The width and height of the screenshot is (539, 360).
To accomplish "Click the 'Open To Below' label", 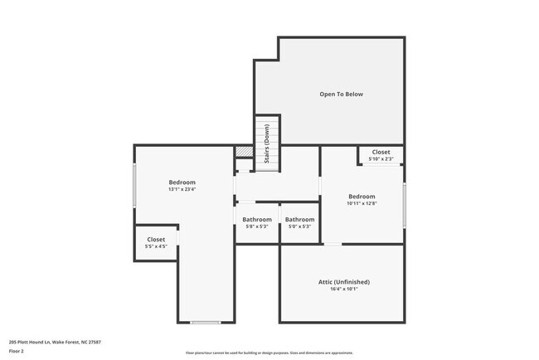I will pos(341,95).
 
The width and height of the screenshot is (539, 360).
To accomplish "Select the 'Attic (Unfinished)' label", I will pos(343,282).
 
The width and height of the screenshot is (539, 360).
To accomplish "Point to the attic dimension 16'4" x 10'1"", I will pos(343,290).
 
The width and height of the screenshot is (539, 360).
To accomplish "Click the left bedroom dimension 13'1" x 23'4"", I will pos(182,189).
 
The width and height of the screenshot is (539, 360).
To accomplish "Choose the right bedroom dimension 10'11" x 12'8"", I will pos(362,203).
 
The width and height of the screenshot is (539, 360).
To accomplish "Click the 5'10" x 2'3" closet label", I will pos(381,158).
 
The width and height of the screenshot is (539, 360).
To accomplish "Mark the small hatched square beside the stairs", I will pos(243,152).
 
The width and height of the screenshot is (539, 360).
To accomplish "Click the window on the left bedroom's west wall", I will pos(134,185).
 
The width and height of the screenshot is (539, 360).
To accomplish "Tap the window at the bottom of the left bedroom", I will pos(205,322).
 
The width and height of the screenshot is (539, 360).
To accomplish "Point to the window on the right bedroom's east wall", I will pos(404,205).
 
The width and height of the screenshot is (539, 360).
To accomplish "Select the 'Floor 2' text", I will pos(17,351).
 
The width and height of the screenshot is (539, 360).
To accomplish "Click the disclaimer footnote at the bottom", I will pos(269,353).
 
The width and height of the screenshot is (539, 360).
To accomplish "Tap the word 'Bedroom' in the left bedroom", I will pos(182,182).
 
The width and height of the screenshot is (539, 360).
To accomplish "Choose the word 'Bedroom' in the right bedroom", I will pos(362,197).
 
